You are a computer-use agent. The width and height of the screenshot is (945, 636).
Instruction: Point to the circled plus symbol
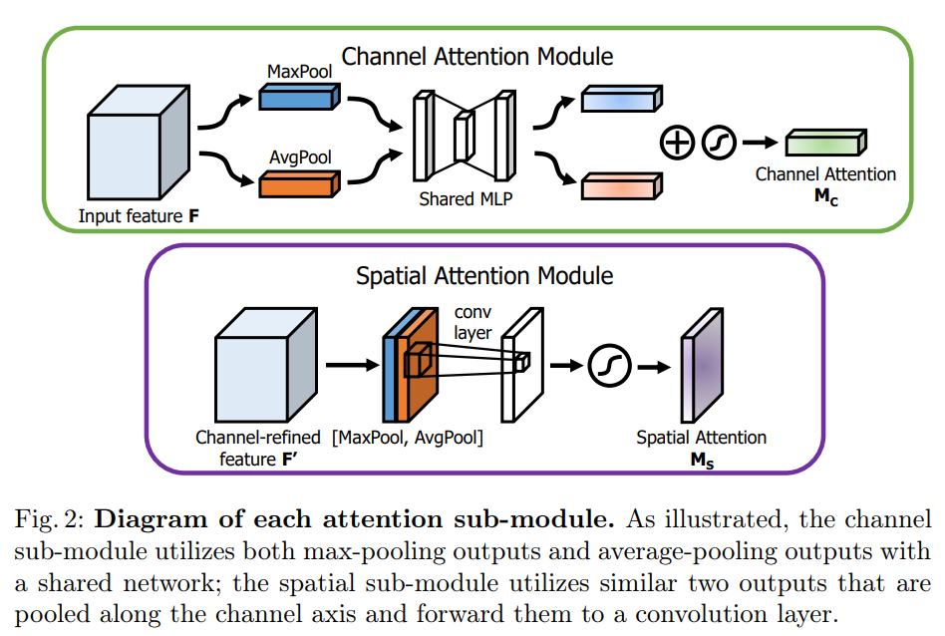point(678,144)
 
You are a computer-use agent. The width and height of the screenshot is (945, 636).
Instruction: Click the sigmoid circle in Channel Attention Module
point(719,144)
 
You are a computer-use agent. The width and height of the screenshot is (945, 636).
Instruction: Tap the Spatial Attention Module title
point(484,275)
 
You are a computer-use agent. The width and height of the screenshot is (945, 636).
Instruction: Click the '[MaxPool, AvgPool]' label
point(424,438)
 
